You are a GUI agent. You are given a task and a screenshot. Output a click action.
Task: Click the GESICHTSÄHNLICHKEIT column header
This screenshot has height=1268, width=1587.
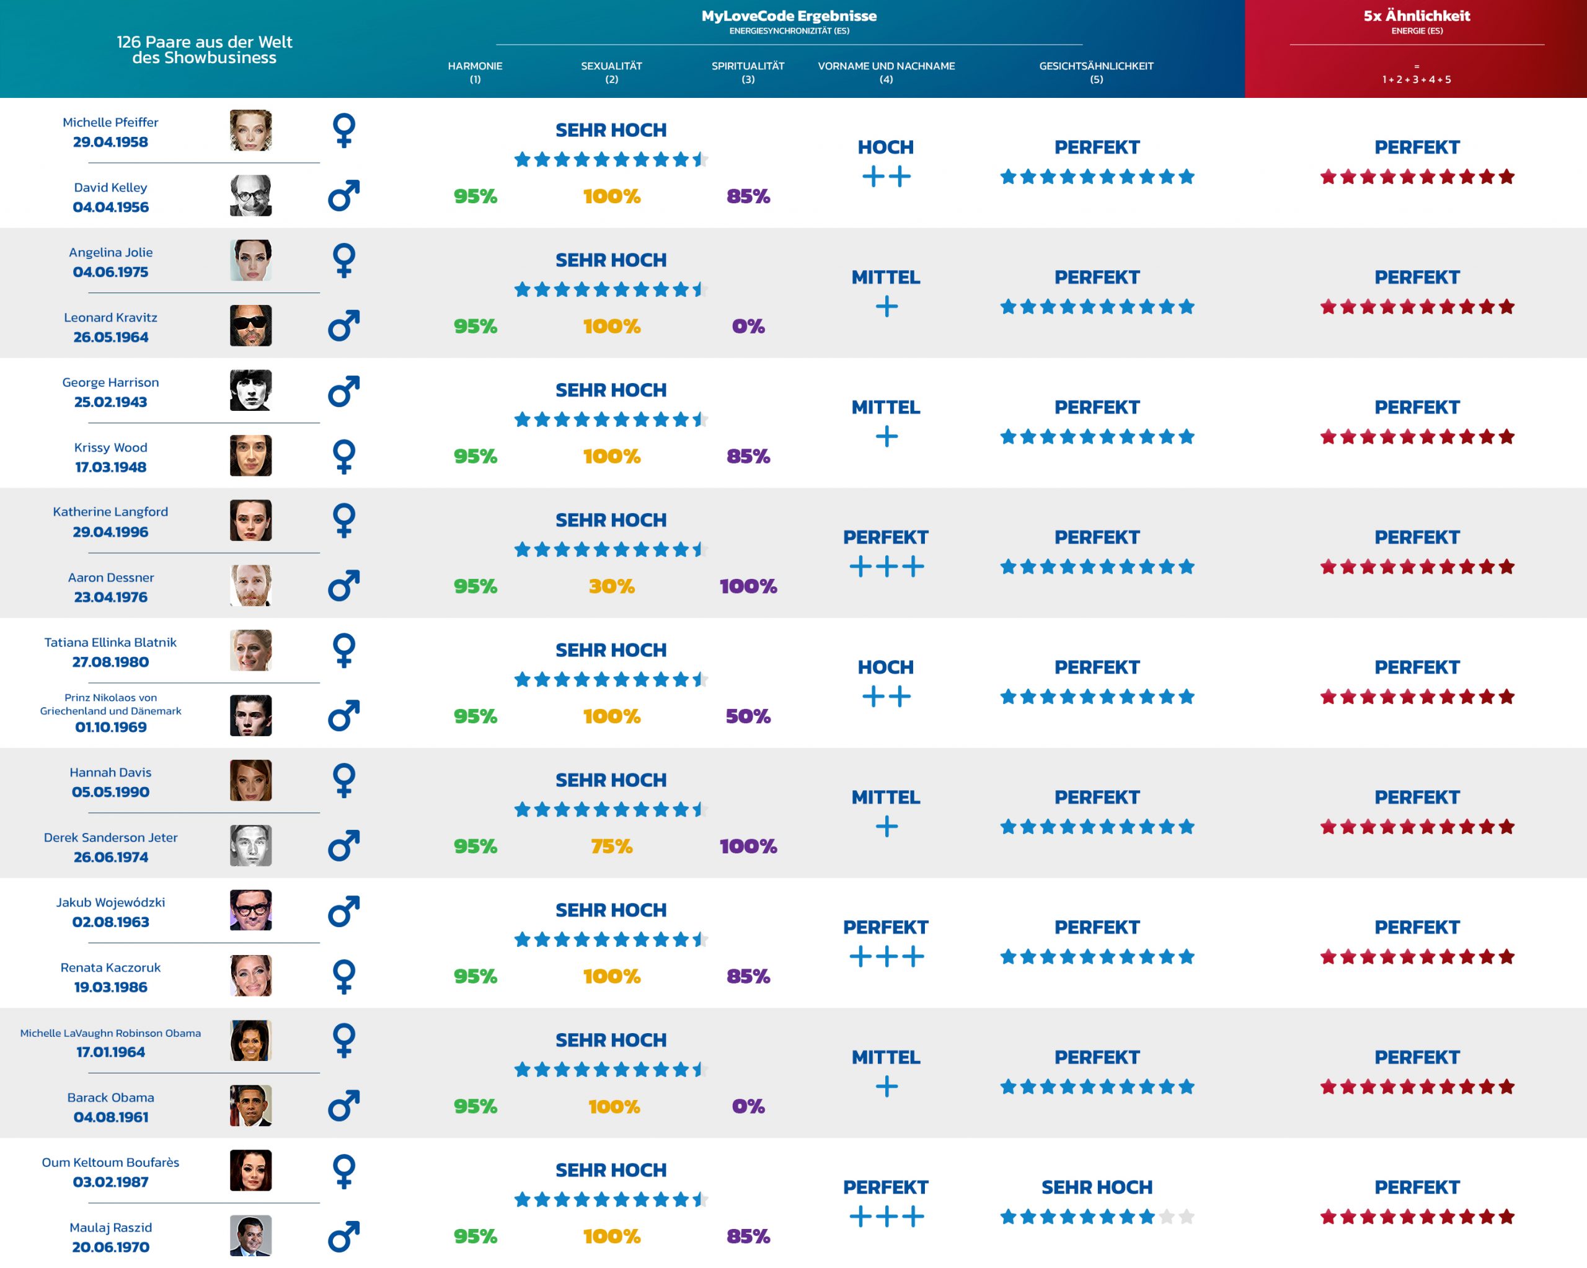pos(1096,66)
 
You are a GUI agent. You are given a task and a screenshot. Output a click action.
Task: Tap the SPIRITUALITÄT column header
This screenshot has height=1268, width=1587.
pos(748,66)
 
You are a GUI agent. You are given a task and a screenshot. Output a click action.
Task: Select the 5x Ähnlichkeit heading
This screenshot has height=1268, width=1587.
pos(1417,16)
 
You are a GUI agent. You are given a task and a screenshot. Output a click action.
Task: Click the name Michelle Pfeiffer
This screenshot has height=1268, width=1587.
pos(110,122)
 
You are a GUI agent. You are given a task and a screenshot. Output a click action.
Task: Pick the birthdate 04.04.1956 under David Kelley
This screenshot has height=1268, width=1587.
pos(110,208)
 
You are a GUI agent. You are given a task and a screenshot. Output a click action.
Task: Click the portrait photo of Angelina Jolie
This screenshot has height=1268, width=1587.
pos(250,260)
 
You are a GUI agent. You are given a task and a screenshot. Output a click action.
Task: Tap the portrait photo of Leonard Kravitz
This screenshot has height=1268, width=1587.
pos(250,325)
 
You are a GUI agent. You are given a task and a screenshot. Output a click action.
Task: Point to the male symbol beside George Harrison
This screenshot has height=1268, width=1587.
pos(344,391)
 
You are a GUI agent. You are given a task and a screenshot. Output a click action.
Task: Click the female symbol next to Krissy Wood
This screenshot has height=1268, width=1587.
pos(344,456)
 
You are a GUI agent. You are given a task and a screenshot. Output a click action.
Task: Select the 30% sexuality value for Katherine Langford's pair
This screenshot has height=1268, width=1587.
pos(611,586)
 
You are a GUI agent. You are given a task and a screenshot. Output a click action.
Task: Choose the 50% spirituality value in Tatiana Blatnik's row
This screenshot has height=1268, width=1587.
pos(748,716)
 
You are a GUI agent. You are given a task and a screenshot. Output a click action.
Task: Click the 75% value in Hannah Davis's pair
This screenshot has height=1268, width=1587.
pos(611,847)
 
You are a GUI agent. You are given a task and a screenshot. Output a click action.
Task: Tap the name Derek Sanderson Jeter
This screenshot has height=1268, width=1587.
pos(110,837)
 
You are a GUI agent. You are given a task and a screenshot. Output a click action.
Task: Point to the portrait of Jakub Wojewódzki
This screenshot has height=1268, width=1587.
pos(250,910)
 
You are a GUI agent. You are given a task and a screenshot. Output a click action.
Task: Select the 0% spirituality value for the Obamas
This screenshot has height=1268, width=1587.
pos(748,1106)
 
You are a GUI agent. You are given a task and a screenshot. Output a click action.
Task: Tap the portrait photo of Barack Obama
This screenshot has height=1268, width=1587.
pos(250,1106)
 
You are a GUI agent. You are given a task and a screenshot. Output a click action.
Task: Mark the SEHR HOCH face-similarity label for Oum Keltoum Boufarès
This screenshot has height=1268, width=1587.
pos(1096,1187)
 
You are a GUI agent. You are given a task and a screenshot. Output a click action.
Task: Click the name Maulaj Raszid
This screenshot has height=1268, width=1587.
pos(110,1228)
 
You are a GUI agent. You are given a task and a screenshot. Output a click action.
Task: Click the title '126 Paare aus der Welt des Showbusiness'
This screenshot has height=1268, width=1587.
pos(204,50)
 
